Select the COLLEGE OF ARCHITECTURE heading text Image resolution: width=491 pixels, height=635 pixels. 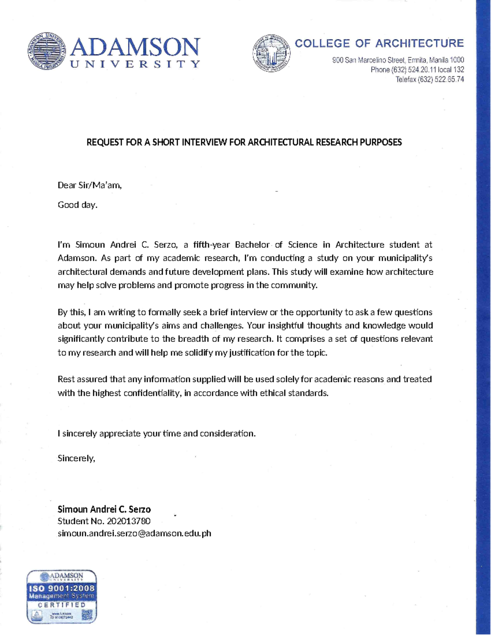pyautogui.click(x=379, y=43)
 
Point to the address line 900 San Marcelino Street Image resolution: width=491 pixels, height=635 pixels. pyautogui.click(x=398, y=61)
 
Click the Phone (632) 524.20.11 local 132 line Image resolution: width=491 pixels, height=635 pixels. pyautogui.click(x=417, y=70)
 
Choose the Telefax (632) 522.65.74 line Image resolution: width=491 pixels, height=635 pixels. pyautogui.click(x=429, y=79)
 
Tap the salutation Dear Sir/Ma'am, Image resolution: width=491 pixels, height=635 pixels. pyautogui.click(x=90, y=185)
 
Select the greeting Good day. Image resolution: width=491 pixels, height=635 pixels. pyautogui.click(x=78, y=205)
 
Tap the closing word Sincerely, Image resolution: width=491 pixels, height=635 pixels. pyautogui.click(x=76, y=458)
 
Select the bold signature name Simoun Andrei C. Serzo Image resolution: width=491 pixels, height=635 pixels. pyautogui.click(x=104, y=509)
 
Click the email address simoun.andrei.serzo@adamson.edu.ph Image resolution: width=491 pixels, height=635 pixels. pyautogui.click(x=134, y=533)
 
